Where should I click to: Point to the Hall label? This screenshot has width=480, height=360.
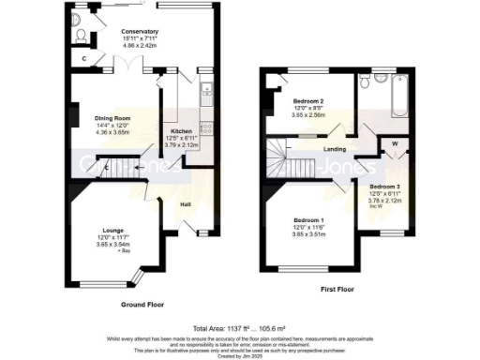(x=186, y=203)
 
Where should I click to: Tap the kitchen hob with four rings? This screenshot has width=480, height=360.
(x=204, y=93)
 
